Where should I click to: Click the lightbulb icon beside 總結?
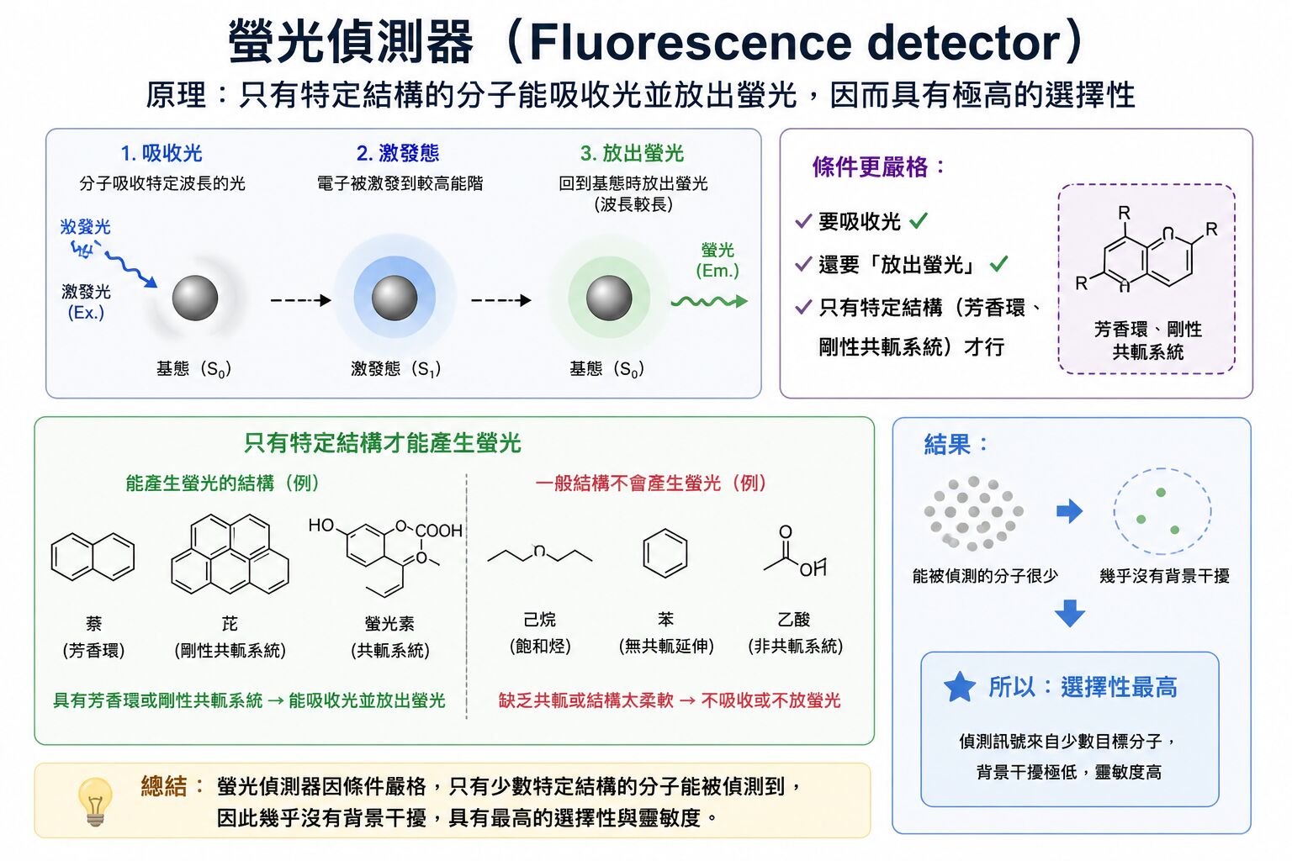point(94,800)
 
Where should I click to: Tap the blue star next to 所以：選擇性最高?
point(959,687)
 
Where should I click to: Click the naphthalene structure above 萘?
point(93,557)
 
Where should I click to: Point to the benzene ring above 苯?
point(665,554)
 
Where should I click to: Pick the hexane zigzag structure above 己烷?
point(539,554)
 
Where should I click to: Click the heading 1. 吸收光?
point(161,153)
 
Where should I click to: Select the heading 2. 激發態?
point(398,153)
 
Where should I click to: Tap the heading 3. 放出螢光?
point(632,153)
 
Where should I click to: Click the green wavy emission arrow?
point(708,302)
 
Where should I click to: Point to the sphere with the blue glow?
point(394,298)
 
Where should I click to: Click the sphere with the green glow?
point(609,298)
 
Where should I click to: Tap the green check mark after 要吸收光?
point(919,221)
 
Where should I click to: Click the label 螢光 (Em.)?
point(717,260)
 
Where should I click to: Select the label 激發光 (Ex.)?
point(86,302)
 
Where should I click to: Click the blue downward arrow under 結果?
point(1069,613)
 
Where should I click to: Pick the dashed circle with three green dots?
point(1162,511)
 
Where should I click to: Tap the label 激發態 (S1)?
point(395,369)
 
